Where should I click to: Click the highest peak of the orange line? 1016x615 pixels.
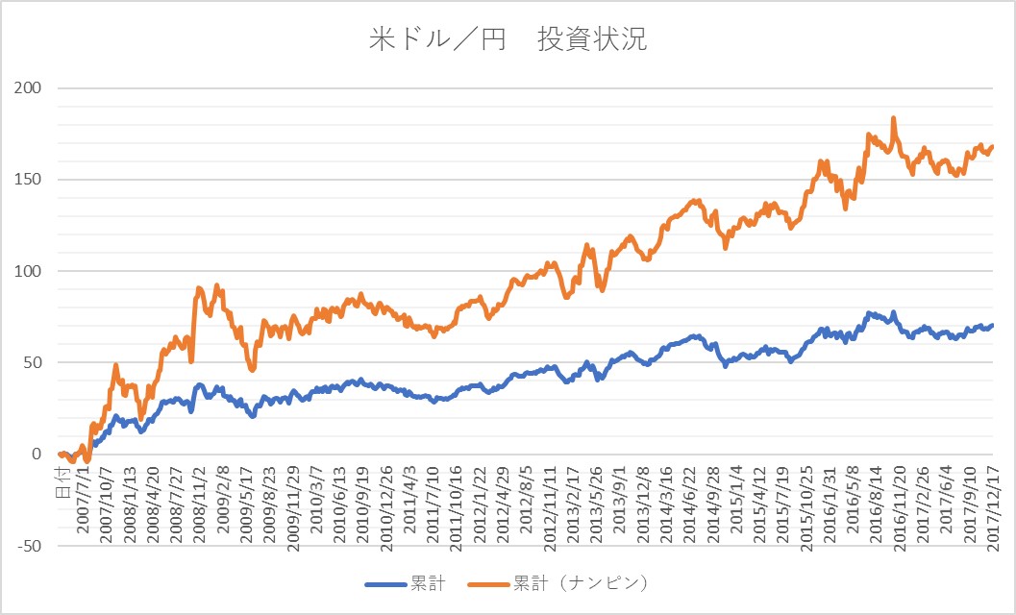click(x=894, y=118)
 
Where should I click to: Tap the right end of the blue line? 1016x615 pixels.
click(x=992, y=326)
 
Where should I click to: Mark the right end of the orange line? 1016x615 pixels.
click(x=992, y=146)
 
